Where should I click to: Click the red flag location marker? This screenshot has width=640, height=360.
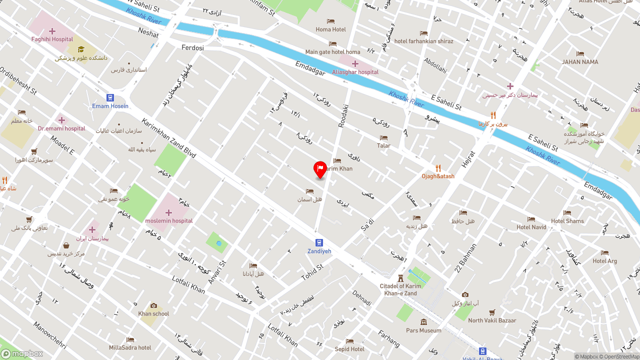[x=320, y=169]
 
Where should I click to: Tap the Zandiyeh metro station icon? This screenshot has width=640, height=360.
[x=319, y=243]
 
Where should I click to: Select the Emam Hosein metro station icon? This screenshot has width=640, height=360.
[x=110, y=97]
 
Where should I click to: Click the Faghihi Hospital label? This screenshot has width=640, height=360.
[x=52, y=39]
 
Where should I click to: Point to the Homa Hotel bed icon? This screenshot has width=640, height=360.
[x=330, y=21]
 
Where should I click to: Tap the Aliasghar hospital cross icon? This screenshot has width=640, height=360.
[x=355, y=63]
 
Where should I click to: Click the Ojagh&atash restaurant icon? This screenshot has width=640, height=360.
[x=438, y=168]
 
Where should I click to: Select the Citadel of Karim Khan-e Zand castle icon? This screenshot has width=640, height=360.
[x=400, y=278]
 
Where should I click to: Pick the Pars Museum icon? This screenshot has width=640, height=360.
[x=423, y=322]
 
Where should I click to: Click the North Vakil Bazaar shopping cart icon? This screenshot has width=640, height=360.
[x=492, y=312]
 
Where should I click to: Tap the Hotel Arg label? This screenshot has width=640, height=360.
[x=604, y=261]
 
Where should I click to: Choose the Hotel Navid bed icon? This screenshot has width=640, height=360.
[x=531, y=219]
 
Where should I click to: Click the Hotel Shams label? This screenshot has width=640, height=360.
[x=567, y=221]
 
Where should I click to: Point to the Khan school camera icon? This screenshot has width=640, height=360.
[x=153, y=305]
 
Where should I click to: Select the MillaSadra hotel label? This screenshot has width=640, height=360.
[x=130, y=347]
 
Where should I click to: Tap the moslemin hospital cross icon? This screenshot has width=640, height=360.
[x=168, y=212]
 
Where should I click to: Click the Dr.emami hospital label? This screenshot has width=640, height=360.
[x=61, y=128]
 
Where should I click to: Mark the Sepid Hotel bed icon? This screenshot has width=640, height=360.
[x=349, y=341]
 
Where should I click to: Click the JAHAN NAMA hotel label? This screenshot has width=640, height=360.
[x=580, y=62]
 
